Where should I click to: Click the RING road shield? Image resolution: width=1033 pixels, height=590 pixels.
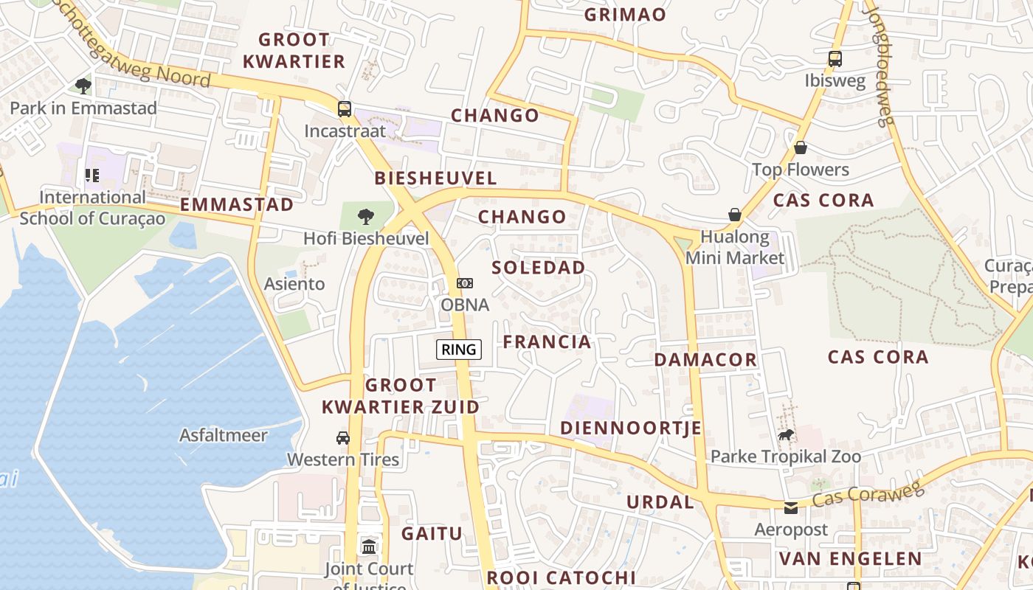click(x=458, y=350)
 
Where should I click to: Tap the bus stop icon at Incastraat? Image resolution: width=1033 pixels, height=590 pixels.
click(x=345, y=109)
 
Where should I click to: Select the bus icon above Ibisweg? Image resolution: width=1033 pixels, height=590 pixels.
click(x=835, y=59)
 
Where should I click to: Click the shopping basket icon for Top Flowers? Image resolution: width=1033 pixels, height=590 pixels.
click(x=801, y=147)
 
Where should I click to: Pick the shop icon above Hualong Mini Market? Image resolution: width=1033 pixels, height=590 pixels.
click(x=735, y=215)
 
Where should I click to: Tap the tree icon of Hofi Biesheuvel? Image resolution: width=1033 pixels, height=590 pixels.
click(x=365, y=217)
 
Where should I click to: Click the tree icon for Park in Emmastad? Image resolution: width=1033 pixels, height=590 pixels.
click(x=83, y=86)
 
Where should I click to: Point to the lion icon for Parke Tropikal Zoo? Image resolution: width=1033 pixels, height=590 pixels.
click(x=786, y=435)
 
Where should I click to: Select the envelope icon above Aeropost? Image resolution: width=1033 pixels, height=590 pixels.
click(x=791, y=507)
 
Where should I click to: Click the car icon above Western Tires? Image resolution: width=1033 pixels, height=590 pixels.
click(x=343, y=437)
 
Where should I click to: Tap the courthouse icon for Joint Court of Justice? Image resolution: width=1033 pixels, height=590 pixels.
click(x=369, y=546)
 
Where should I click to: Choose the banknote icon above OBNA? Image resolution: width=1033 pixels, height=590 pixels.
click(x=465, y=283)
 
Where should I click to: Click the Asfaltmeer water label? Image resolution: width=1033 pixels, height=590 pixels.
click(x=224, y=435)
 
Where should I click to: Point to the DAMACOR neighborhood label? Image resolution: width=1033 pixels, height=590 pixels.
click(x=705, y=360)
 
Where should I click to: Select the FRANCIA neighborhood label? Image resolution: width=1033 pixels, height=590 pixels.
click(x=547, y=341)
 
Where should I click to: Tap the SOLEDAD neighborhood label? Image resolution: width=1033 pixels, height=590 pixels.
click(x=539, y=267)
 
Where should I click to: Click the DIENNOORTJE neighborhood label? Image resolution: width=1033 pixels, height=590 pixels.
click(x=631, y=428)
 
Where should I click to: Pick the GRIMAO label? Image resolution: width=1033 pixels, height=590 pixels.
click(x=625, y=14)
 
